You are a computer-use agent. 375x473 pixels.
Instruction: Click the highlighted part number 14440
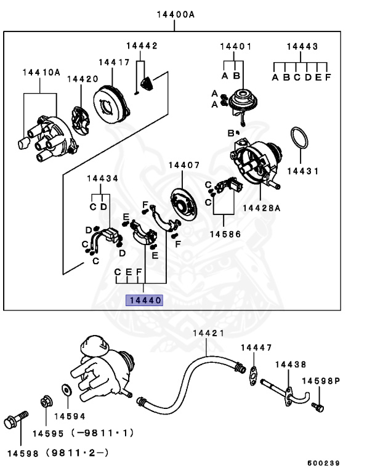[x=144, y=301]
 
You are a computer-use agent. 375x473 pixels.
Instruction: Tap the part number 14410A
[x=41, y=73]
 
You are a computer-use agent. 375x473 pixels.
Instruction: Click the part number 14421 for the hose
[x=208, y=333]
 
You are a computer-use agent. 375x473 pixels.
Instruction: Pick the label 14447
[x=256, y=348]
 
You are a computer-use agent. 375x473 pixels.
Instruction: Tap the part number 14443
[x=302, y=46]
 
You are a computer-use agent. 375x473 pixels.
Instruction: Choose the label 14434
[x=102, y=179]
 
